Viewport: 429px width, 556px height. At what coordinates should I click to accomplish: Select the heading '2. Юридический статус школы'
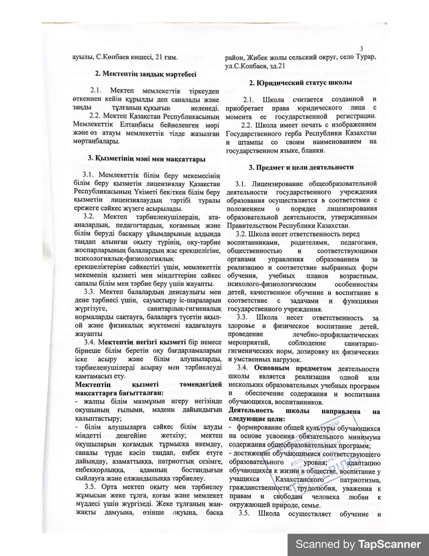coord(301,82)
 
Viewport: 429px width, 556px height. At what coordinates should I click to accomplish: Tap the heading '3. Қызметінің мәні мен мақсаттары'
coord(146,159)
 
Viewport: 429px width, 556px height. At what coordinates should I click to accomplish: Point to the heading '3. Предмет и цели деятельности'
coord(301,167)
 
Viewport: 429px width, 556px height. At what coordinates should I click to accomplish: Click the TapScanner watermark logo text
coord(358,544)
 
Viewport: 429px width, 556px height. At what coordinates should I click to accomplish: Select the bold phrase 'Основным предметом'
coord(293,368)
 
